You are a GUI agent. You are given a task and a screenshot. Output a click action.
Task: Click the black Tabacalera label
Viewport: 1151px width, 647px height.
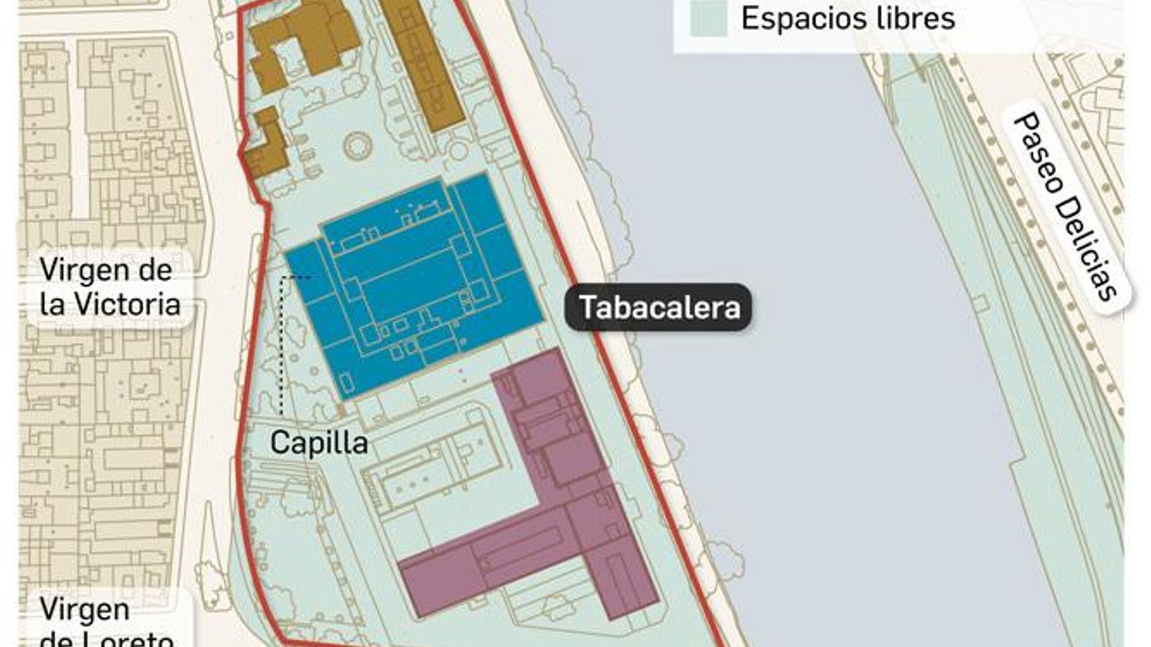tap(659, 308)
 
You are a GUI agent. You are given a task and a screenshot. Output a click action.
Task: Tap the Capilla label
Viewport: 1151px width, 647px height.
tap(319, 443)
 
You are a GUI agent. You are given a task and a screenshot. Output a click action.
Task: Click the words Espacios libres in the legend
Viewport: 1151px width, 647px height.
tap(847, 19)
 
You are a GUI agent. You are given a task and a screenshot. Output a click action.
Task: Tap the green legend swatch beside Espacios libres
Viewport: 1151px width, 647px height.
tap(709, 19)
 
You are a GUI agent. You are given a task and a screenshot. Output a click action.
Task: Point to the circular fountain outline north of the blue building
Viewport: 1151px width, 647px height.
tap(358, 146)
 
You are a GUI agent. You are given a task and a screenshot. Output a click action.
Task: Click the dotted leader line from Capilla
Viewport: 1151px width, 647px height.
tap(281, 345)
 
